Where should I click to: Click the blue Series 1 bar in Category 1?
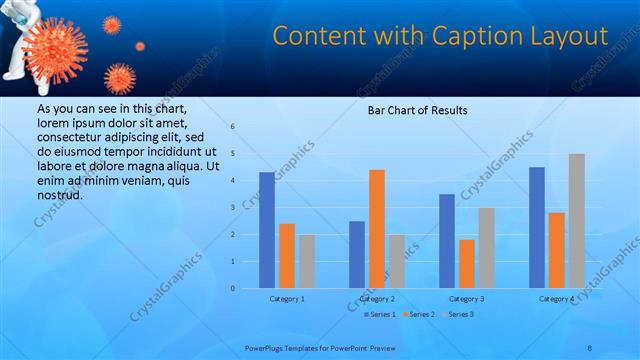267,230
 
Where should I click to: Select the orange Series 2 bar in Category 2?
377,229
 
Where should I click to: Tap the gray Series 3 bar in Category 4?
576,221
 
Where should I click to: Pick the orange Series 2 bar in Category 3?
467,264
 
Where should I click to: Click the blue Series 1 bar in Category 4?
537,228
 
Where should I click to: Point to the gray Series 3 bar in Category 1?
306,261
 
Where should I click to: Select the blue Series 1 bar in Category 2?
357,255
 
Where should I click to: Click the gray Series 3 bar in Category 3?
486,248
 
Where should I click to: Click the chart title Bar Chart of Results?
418,109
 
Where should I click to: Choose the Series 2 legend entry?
419,314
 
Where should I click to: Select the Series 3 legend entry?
457,314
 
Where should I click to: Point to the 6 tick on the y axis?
232,127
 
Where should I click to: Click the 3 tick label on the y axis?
232,207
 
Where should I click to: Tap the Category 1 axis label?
287,298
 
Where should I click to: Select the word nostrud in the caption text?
59,194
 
